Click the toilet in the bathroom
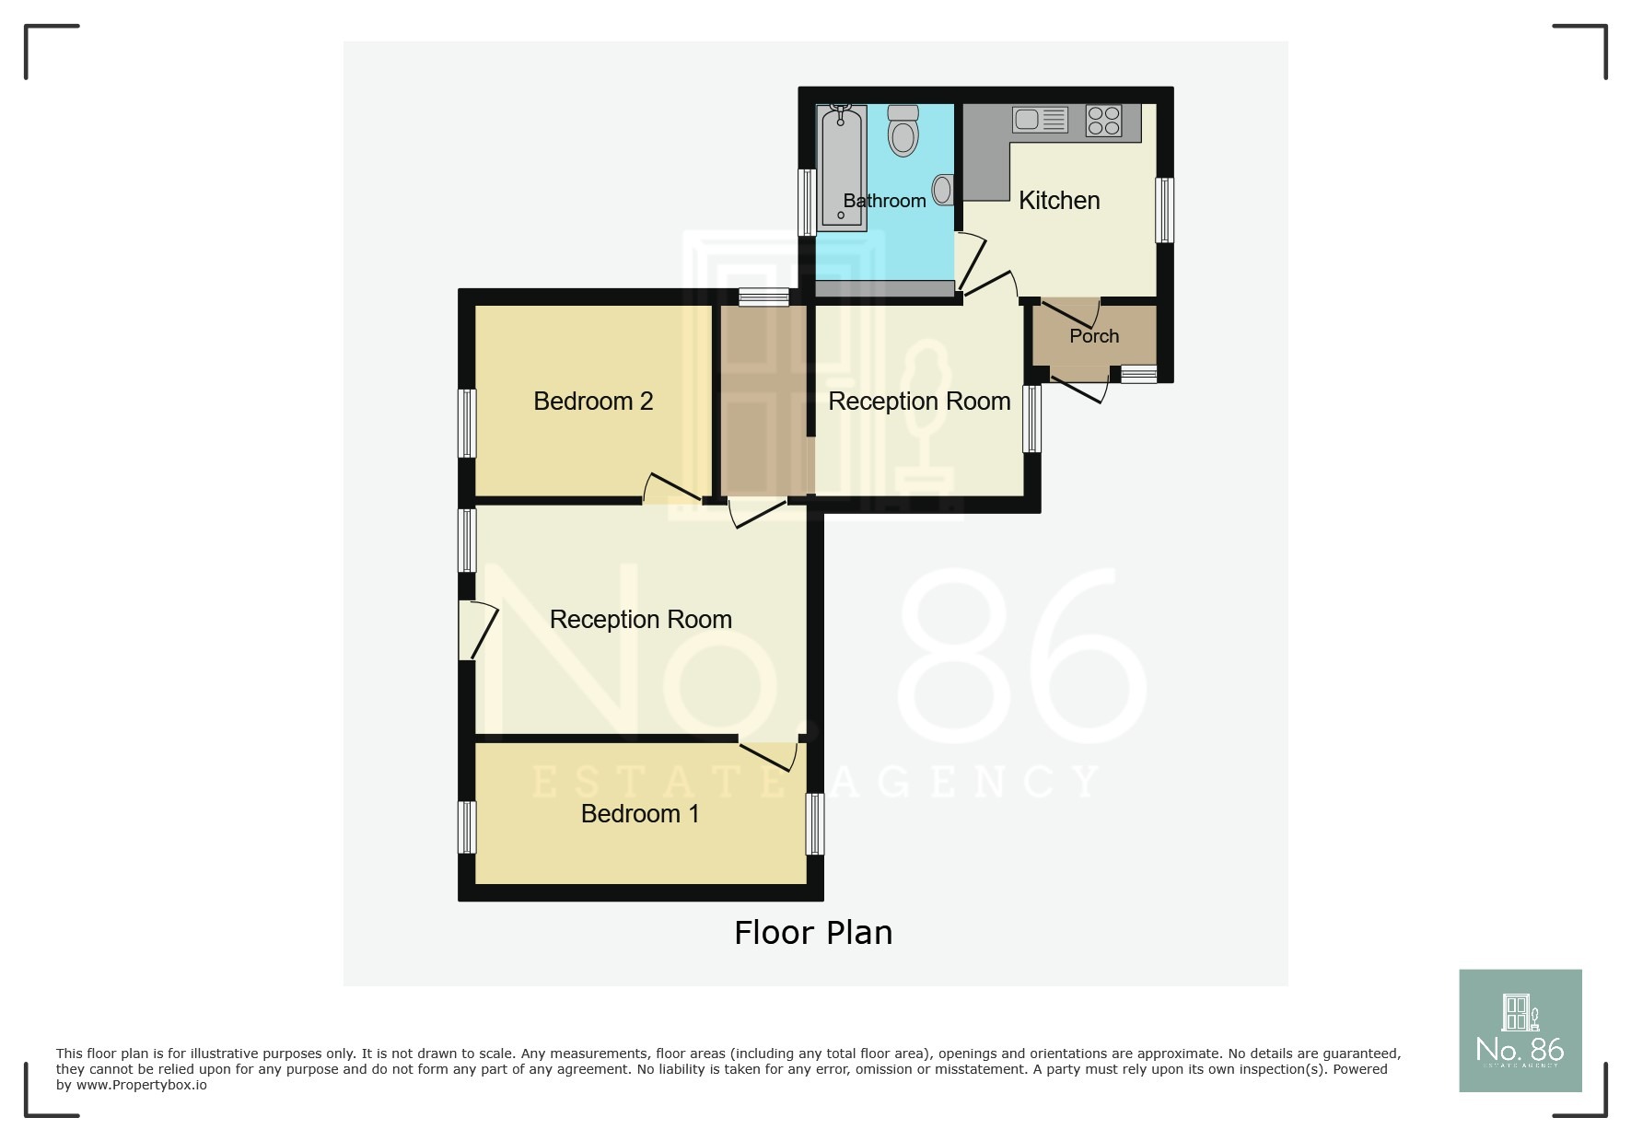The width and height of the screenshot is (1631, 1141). (x=903, y=131)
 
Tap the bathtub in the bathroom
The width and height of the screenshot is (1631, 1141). (x=842, y=167)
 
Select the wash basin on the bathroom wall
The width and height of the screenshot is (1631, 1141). (x=943, y=190)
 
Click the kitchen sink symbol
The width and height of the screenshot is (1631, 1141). (x=1040, y=119)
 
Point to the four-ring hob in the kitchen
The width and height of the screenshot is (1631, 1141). (x=1103, y=121)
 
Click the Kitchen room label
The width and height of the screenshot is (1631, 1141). (x=1059, y=200)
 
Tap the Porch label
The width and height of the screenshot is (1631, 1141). (x=1094, y=336)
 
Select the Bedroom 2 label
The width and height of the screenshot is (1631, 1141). (x=593, y=402)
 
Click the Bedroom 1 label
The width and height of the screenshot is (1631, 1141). (x=640, y=813)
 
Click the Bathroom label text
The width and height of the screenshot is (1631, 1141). (x=884, y=201)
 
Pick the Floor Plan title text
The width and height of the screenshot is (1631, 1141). (x=813, y=933)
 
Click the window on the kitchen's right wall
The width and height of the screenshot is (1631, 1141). (x=1165, y=210)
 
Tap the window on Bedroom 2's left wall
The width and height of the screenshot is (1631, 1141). (x=467, y=423)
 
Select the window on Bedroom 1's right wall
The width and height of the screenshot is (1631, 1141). (x=815, y=824)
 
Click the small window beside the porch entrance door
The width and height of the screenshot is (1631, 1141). (x=1138, y=374)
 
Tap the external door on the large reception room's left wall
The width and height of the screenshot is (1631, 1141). (x=479, y=630)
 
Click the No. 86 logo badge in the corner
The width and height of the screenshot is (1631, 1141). (x=1520, y=1030)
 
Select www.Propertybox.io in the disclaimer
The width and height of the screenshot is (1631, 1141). (x=141, y=1085)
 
